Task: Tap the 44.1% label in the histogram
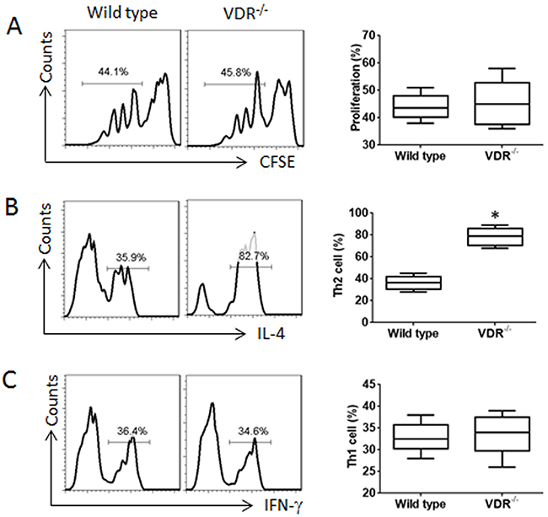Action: coord(110,75)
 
